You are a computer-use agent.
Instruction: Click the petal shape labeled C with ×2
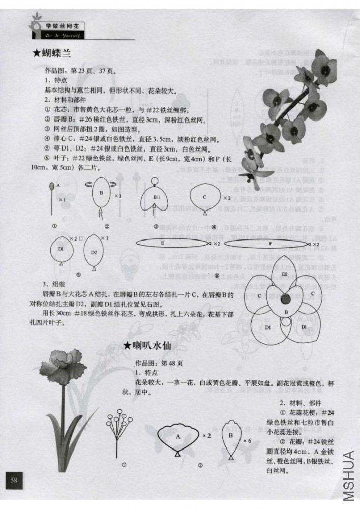pyautogui.click(x=205, y=197)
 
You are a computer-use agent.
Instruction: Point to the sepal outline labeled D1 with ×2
pyautogui.click(x=61, y=249)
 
